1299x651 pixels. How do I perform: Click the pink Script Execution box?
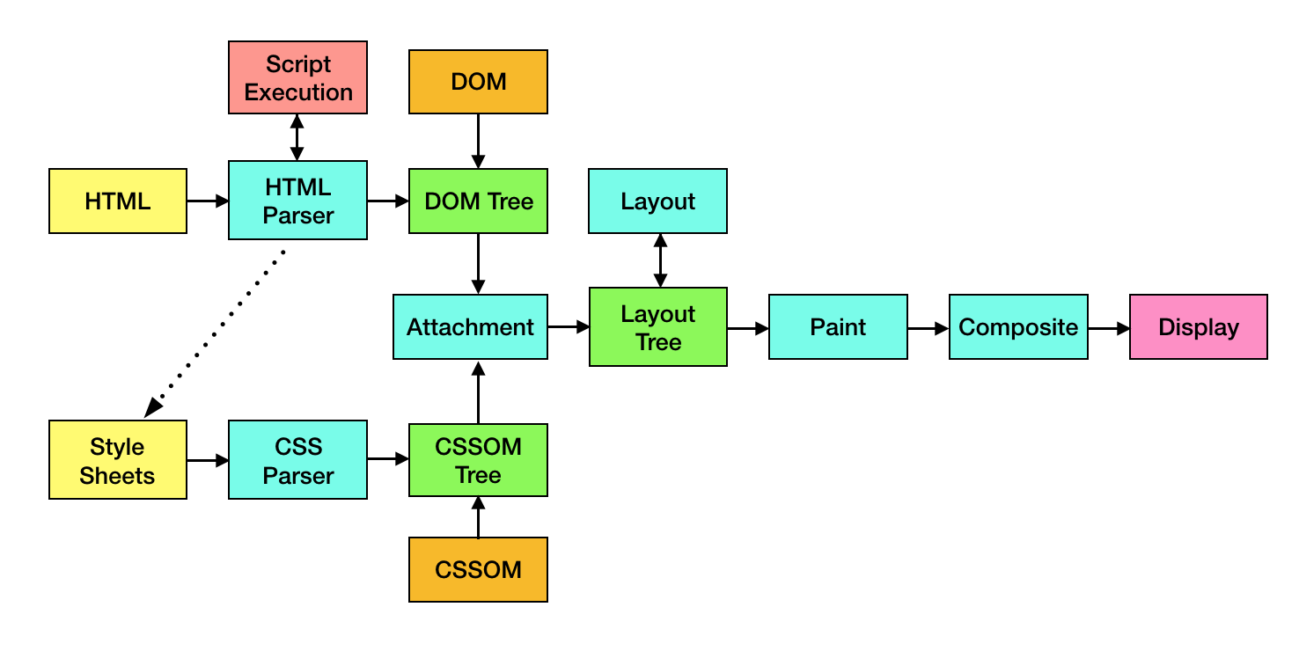click(x=297, y=77)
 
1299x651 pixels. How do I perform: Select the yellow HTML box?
click(x=118, y=201)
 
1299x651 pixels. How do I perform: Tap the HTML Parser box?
click(x=297, y=201)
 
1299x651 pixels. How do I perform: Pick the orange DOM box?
click(x=478, y=82)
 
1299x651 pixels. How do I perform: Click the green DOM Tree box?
click(x=478, y=201)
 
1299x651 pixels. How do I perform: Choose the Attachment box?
click(x=470, y=327)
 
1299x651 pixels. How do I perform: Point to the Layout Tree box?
click(x=658, y=327)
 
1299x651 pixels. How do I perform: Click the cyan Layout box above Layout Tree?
click(x=658, y=201)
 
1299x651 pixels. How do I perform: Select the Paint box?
click(x=838, y=327)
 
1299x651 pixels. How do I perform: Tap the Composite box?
click(x=1018, y=327)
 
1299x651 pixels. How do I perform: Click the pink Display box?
click(x=1199, y=327)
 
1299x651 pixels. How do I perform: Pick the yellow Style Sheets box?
click(x=118, y=460)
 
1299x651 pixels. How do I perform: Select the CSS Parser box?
click(x=297, y=460)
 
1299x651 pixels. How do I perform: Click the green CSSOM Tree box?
click(x=478, y=460)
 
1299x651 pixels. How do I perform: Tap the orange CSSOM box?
click(x=478, y=569)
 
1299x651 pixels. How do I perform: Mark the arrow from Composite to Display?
click(x=1109, y=328)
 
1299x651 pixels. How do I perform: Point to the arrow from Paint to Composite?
click(x=928, y=328)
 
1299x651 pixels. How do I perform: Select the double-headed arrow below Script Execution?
click(x=297, y=137)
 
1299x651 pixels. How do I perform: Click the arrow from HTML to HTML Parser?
click(x=208, y=201)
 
